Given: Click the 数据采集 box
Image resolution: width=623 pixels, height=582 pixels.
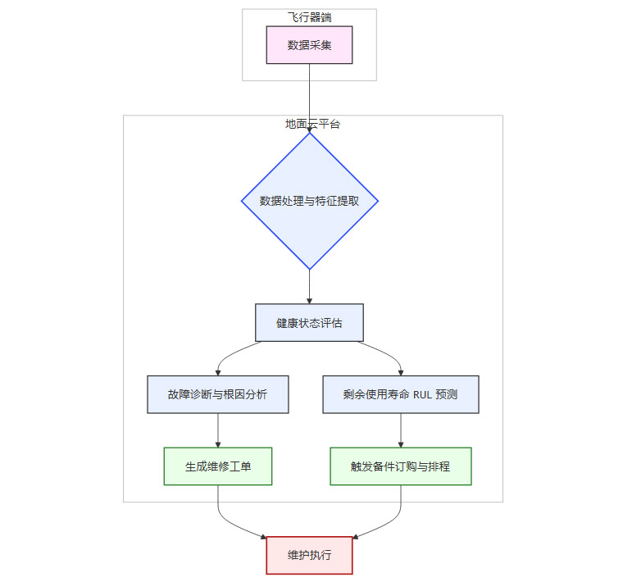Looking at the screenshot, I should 309,45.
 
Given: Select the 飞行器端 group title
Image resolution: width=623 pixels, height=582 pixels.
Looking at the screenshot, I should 309,16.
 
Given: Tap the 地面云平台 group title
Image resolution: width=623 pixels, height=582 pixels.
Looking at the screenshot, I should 312,124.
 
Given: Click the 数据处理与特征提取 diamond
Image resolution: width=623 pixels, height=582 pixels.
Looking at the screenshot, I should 309,201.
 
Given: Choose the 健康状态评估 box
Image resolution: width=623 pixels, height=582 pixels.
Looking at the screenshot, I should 309,323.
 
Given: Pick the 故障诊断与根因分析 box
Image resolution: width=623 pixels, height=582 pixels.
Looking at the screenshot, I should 217,394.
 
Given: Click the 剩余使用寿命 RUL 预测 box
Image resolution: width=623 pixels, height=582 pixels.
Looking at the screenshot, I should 400,394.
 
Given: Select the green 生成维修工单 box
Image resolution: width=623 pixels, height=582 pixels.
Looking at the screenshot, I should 217,466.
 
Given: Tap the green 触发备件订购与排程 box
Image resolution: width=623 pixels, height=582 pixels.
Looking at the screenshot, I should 400,466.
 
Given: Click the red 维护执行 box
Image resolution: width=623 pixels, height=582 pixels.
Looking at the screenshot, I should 309,555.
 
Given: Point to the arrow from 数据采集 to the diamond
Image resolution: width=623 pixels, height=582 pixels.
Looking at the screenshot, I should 309,98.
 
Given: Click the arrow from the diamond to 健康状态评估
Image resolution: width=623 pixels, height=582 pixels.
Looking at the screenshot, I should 309,287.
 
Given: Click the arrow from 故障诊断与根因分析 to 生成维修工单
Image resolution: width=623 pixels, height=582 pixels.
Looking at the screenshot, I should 217,430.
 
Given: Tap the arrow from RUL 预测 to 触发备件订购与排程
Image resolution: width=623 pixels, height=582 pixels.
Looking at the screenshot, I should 400,430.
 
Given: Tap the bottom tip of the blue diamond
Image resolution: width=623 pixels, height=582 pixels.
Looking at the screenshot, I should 309,267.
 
